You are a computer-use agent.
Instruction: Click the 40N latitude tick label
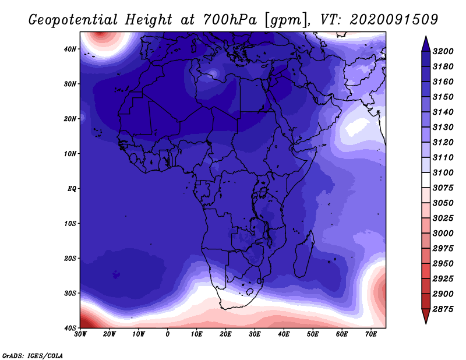70,49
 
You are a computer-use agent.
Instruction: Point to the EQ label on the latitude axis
72,189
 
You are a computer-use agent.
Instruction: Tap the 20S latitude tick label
70,258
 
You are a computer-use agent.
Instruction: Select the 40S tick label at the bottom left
70,328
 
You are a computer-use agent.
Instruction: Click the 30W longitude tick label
80,334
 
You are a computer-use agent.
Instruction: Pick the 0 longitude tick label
167,334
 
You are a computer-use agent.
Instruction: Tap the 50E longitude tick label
313,334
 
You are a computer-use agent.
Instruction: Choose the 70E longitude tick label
370,334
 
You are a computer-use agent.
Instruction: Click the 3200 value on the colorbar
443,51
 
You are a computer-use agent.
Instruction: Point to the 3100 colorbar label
443,172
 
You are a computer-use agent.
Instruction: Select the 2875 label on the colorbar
443,309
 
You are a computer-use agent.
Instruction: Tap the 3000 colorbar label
443,234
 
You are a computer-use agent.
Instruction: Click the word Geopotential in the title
73,20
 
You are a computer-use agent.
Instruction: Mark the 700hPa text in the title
230,20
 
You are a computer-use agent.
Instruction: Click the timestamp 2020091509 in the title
394,20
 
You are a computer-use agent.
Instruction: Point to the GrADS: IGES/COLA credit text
33,356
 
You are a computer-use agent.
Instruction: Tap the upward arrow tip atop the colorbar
426,36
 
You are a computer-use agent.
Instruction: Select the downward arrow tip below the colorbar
426,323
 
